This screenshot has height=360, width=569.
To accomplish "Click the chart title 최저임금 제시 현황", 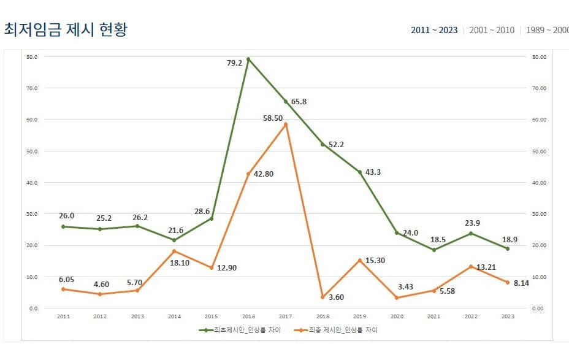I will click(x=66, y=29).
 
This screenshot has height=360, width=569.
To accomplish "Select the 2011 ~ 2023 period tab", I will click(x=434, y=30).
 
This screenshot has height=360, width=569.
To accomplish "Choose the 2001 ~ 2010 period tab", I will click(x=492, y=30).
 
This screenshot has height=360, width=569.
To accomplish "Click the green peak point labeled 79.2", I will click(x=248, y=59).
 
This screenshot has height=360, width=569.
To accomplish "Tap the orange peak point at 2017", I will click(x=286, y=124).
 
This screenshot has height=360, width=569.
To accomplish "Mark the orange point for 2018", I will click(x=323, y=297).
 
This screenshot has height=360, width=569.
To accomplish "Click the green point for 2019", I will click(x=360, y=172).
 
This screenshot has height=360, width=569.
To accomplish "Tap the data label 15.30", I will click(x=375, y=261).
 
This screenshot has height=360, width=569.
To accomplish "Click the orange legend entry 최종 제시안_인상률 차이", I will click(x=336, y=330).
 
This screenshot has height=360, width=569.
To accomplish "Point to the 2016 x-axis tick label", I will click(x=248, y=316).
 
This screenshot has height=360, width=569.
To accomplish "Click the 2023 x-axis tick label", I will click(x=508, y=316).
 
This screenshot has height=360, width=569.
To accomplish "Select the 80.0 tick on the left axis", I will click(x=32, y=57).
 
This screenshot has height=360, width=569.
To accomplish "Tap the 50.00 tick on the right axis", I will click(x=538, y=151).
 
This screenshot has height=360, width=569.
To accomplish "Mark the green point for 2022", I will click(x=471, y=233).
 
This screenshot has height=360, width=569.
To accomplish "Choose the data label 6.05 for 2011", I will click(x=67, y=280).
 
